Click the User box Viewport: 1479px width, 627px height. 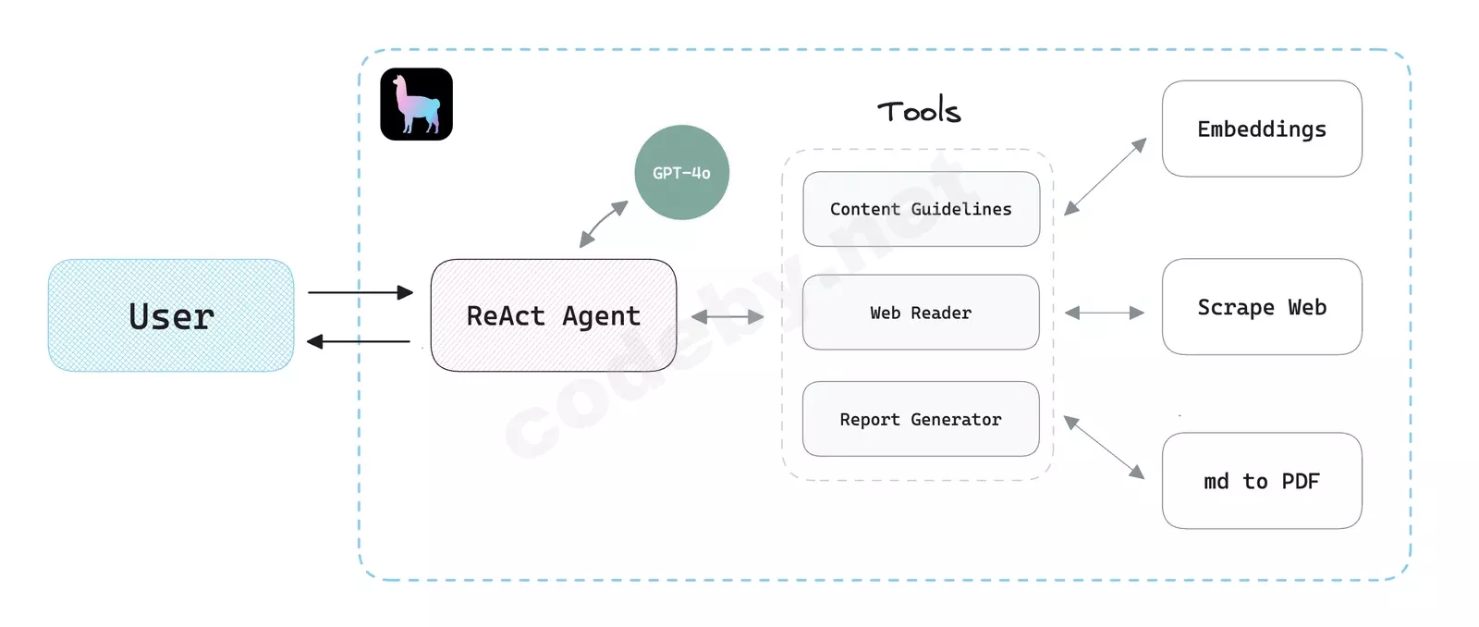171,315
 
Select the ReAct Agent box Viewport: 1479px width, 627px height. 553,315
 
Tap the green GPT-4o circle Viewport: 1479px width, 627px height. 681,173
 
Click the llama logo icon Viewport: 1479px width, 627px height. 416,104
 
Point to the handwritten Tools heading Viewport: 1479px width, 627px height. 919,111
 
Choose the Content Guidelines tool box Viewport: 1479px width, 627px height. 921,209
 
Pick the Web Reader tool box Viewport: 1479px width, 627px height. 921,313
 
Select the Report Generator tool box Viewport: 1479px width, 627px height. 921,419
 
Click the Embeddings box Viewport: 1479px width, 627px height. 1262,129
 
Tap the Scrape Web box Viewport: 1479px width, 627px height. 1262,307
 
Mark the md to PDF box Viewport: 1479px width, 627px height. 1262,481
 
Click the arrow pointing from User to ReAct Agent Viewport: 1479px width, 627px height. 360,292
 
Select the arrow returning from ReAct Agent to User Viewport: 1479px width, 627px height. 360,342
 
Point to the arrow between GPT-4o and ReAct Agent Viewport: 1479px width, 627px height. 604,225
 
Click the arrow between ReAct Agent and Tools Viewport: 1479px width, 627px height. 727,316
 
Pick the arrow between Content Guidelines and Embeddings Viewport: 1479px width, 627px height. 1105,177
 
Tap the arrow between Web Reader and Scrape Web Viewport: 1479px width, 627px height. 1105,313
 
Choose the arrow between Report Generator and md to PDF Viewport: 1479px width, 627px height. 1104,448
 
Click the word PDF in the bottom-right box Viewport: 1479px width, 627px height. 1300,481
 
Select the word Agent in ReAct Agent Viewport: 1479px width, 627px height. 601,316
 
